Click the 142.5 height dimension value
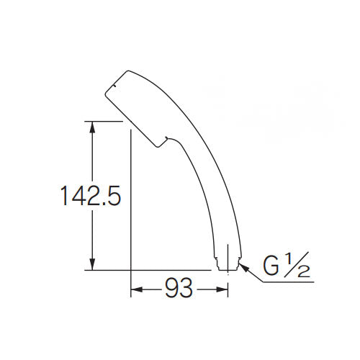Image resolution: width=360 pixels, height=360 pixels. coord(90,196)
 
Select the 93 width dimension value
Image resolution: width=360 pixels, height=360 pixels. coord(179,290)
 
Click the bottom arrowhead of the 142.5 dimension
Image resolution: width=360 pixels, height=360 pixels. coord(91,264)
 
